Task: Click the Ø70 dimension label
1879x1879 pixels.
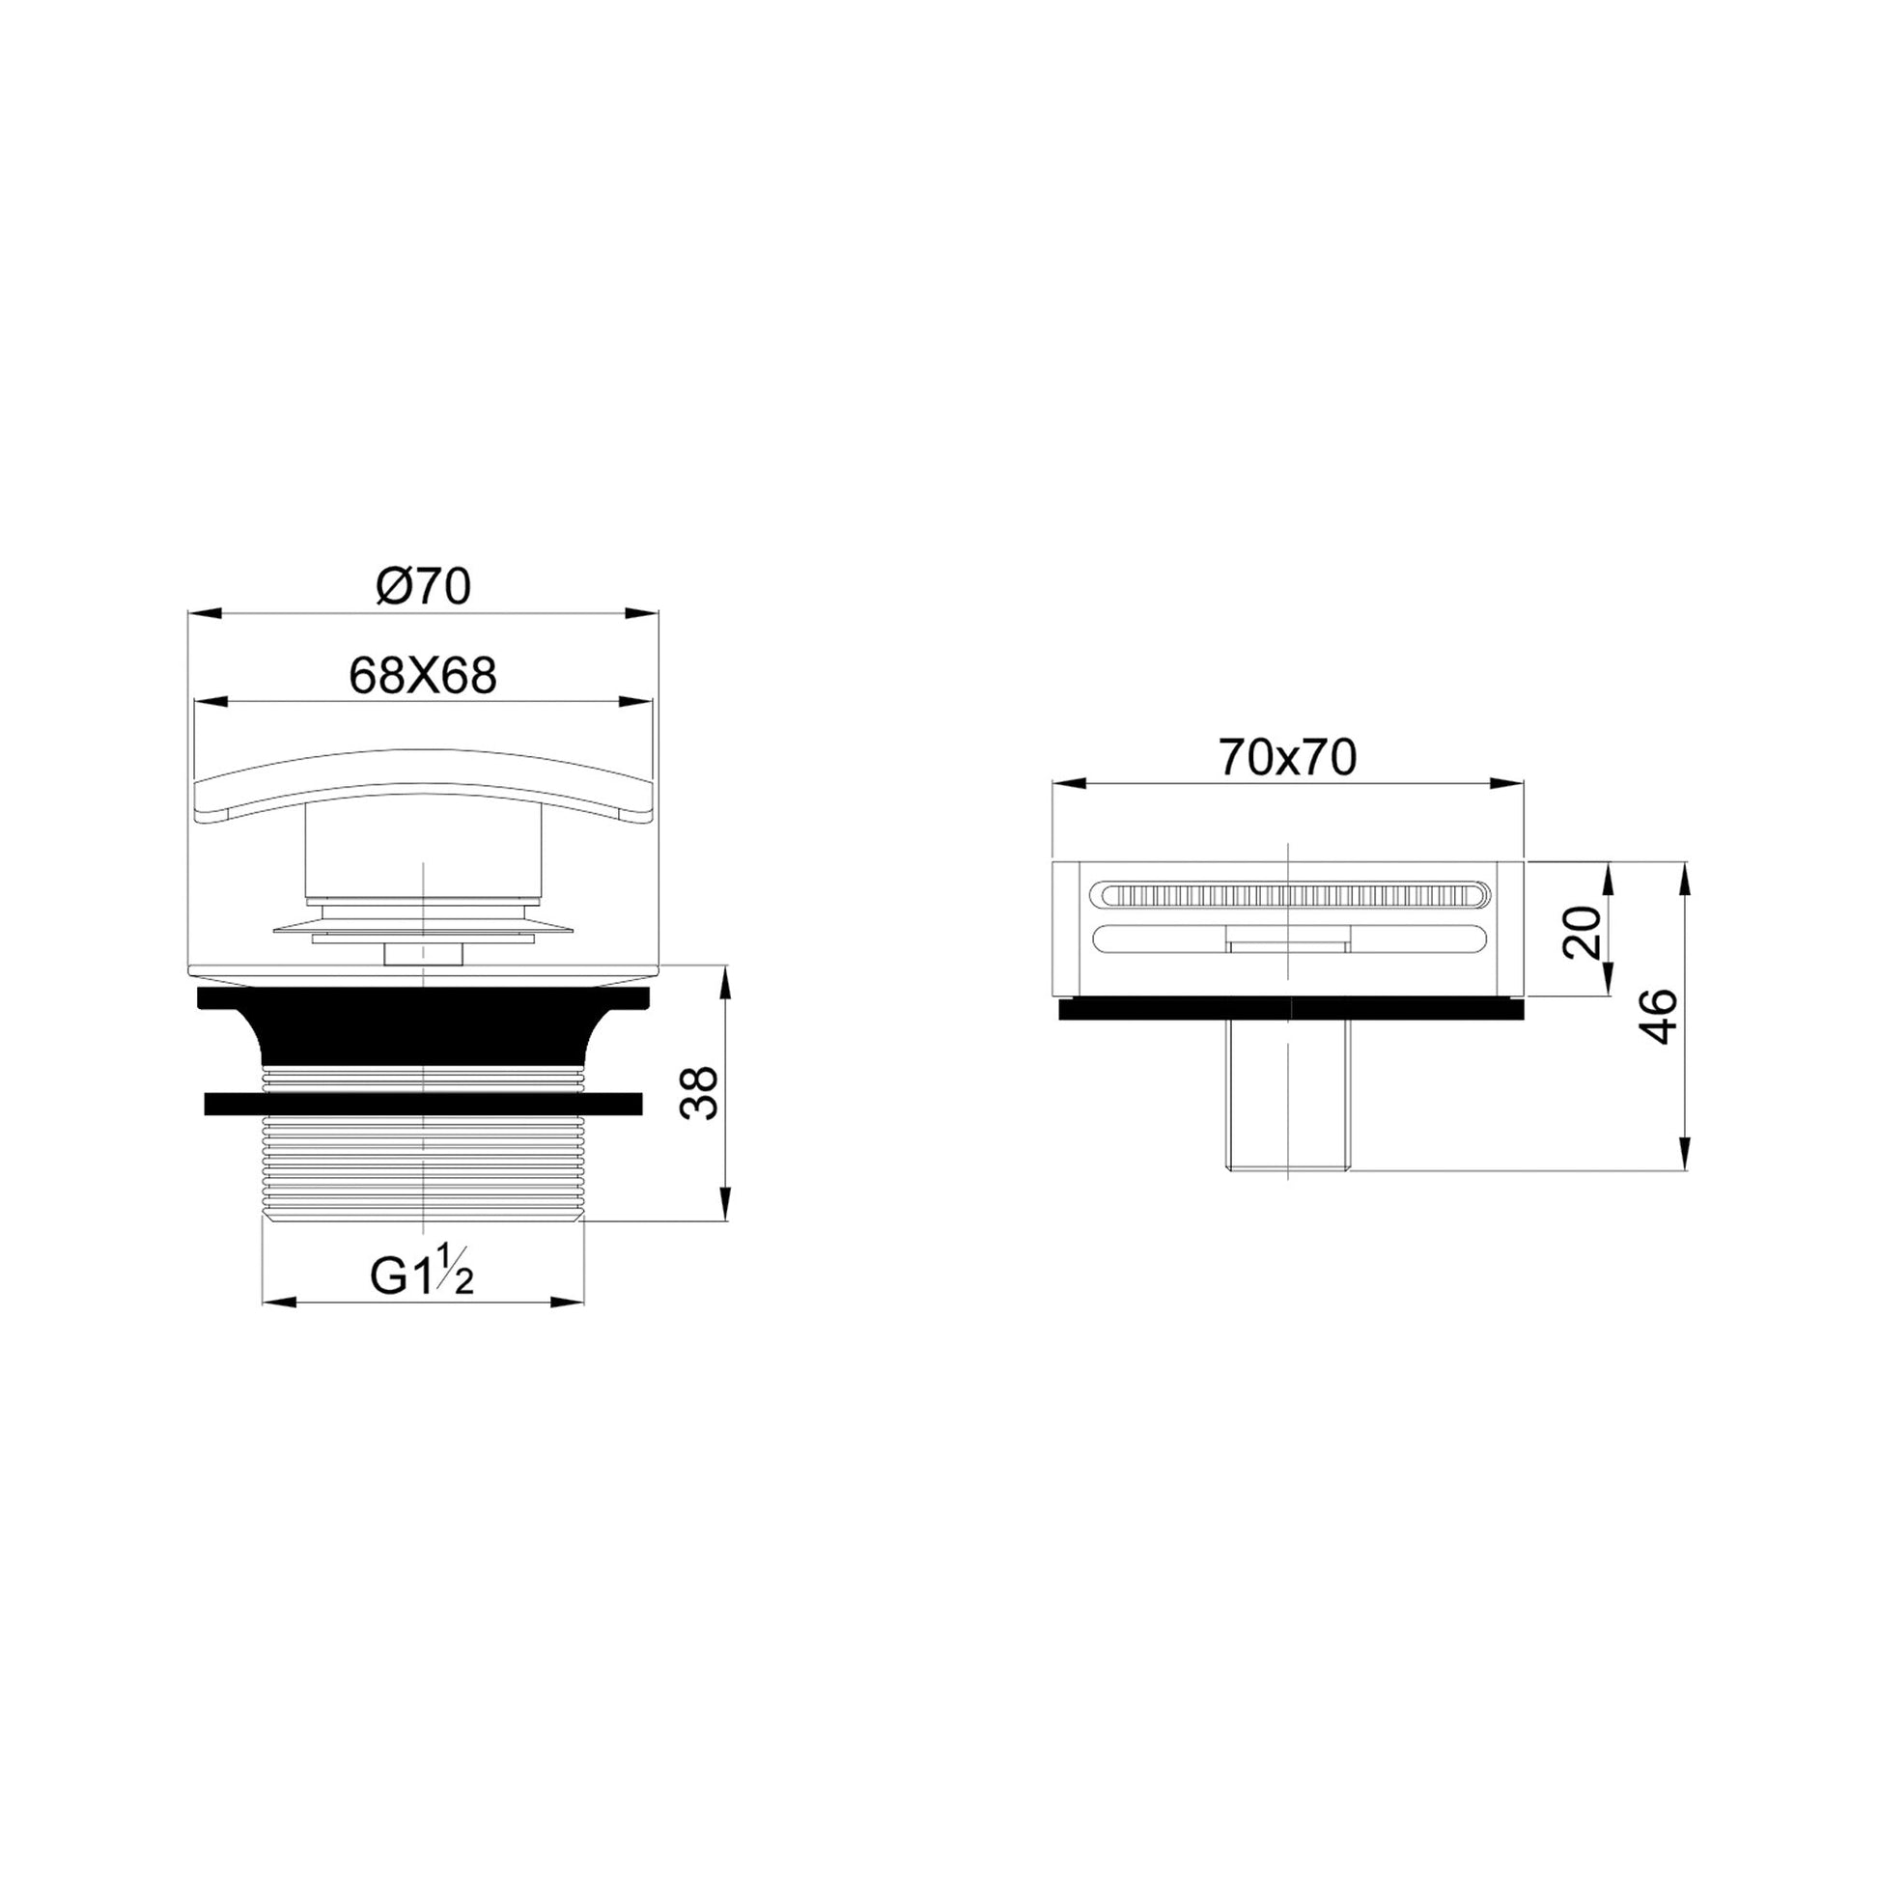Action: click(x=423, y=586)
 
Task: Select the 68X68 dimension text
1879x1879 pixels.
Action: click(x=423, y=675)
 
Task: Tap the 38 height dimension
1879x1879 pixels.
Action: click(x=699, y=1093)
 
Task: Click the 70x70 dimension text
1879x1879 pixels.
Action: click(x=1288, y=758)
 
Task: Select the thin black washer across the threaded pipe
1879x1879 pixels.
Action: click(x=423, y=1103)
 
